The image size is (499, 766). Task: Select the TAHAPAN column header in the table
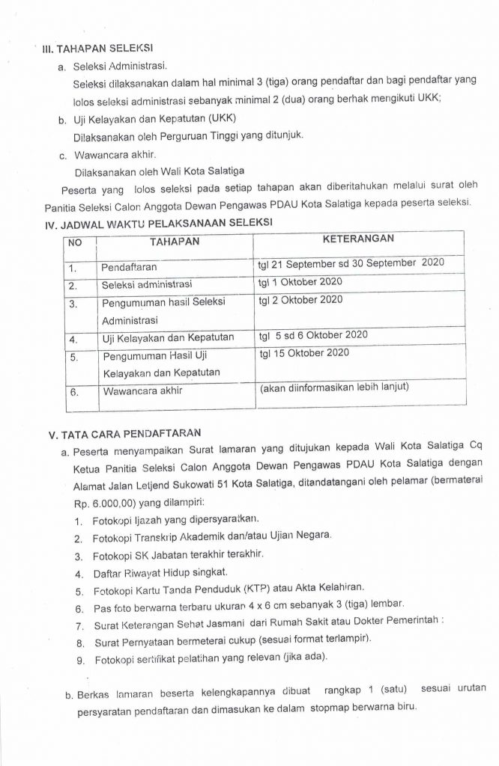[x=175, y=242]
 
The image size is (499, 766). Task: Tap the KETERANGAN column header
[x=358, y=239]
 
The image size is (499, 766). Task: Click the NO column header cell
[x=75, y=243]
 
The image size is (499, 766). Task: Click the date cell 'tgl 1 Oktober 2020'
[x=300, y=282]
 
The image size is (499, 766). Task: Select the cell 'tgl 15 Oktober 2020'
[x=304, y=352]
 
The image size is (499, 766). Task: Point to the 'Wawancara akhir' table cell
[x=142, y=390]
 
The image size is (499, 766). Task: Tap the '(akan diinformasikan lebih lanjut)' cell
[x=334, y=388]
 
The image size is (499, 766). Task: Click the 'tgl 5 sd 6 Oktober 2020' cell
[x=313, y=336]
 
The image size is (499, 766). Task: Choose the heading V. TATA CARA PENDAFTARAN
[x=125, y=433]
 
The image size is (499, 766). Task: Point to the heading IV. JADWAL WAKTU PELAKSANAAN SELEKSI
[x=160, y=222]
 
